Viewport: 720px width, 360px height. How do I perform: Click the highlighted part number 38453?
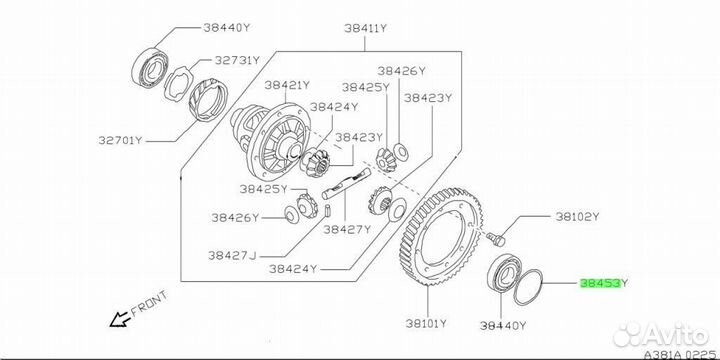pyautogui.click(x=601, y=283)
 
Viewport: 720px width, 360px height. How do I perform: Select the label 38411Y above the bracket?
pyautogui.click(x=366, y=28)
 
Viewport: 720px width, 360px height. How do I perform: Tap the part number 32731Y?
pyautogui.click(x=237, y=60)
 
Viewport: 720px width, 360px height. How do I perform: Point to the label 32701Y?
pyautogui.click(x=121, y=140)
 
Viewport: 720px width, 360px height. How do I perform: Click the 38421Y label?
pyautogui.click(x=287, y=85)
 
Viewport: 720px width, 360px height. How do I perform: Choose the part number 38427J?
pyautogui.click(x=232, y=256)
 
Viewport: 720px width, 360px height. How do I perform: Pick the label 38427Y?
pyautogui.click(x=347, y=229)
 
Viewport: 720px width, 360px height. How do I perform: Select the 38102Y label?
pyautogui.click(x=577, y=217)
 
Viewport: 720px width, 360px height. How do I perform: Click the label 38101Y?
pyautogui.click(x=426, y=324)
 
